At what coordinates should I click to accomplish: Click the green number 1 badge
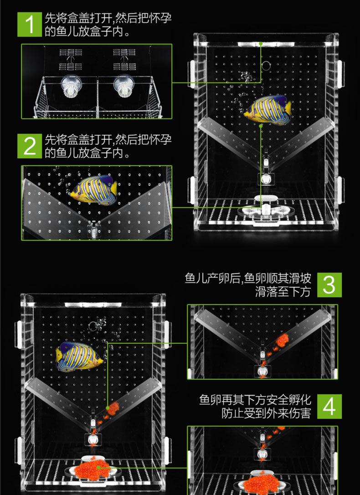click(30, 24)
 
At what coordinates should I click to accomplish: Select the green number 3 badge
click(329, 285)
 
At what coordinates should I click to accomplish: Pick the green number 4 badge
click(329, 407)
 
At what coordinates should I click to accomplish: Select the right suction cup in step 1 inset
click(123, 87)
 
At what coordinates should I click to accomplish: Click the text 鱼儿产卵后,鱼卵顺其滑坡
click(248, 278)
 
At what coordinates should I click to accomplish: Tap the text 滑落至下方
click(283, 292)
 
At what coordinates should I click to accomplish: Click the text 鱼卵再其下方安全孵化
click(255, 400)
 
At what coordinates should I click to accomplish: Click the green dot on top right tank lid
click(261, 44)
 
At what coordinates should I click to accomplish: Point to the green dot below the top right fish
click(261, 126)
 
